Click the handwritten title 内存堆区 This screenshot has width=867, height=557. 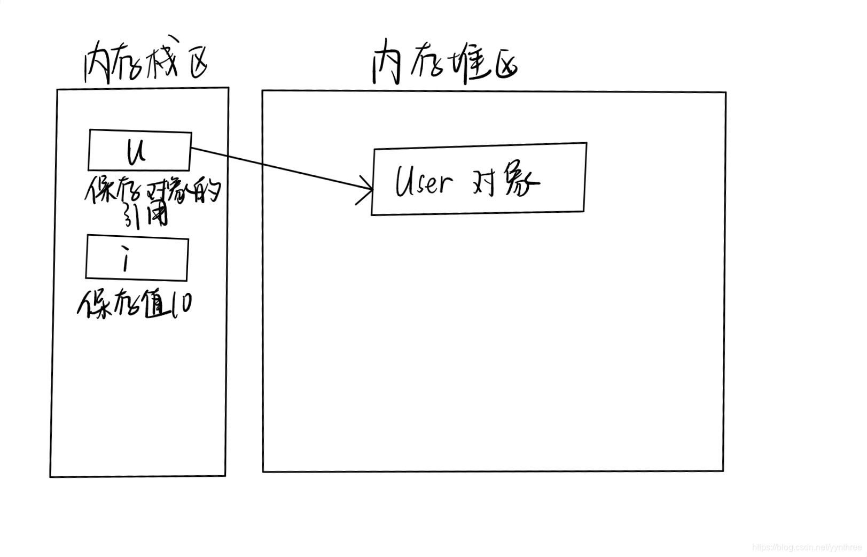click(x=444, y=64)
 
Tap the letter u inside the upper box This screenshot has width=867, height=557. click(x=136, y=151)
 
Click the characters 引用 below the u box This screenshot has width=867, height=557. click(x=146, y=216)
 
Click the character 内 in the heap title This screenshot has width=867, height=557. click(x=387, y=65)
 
